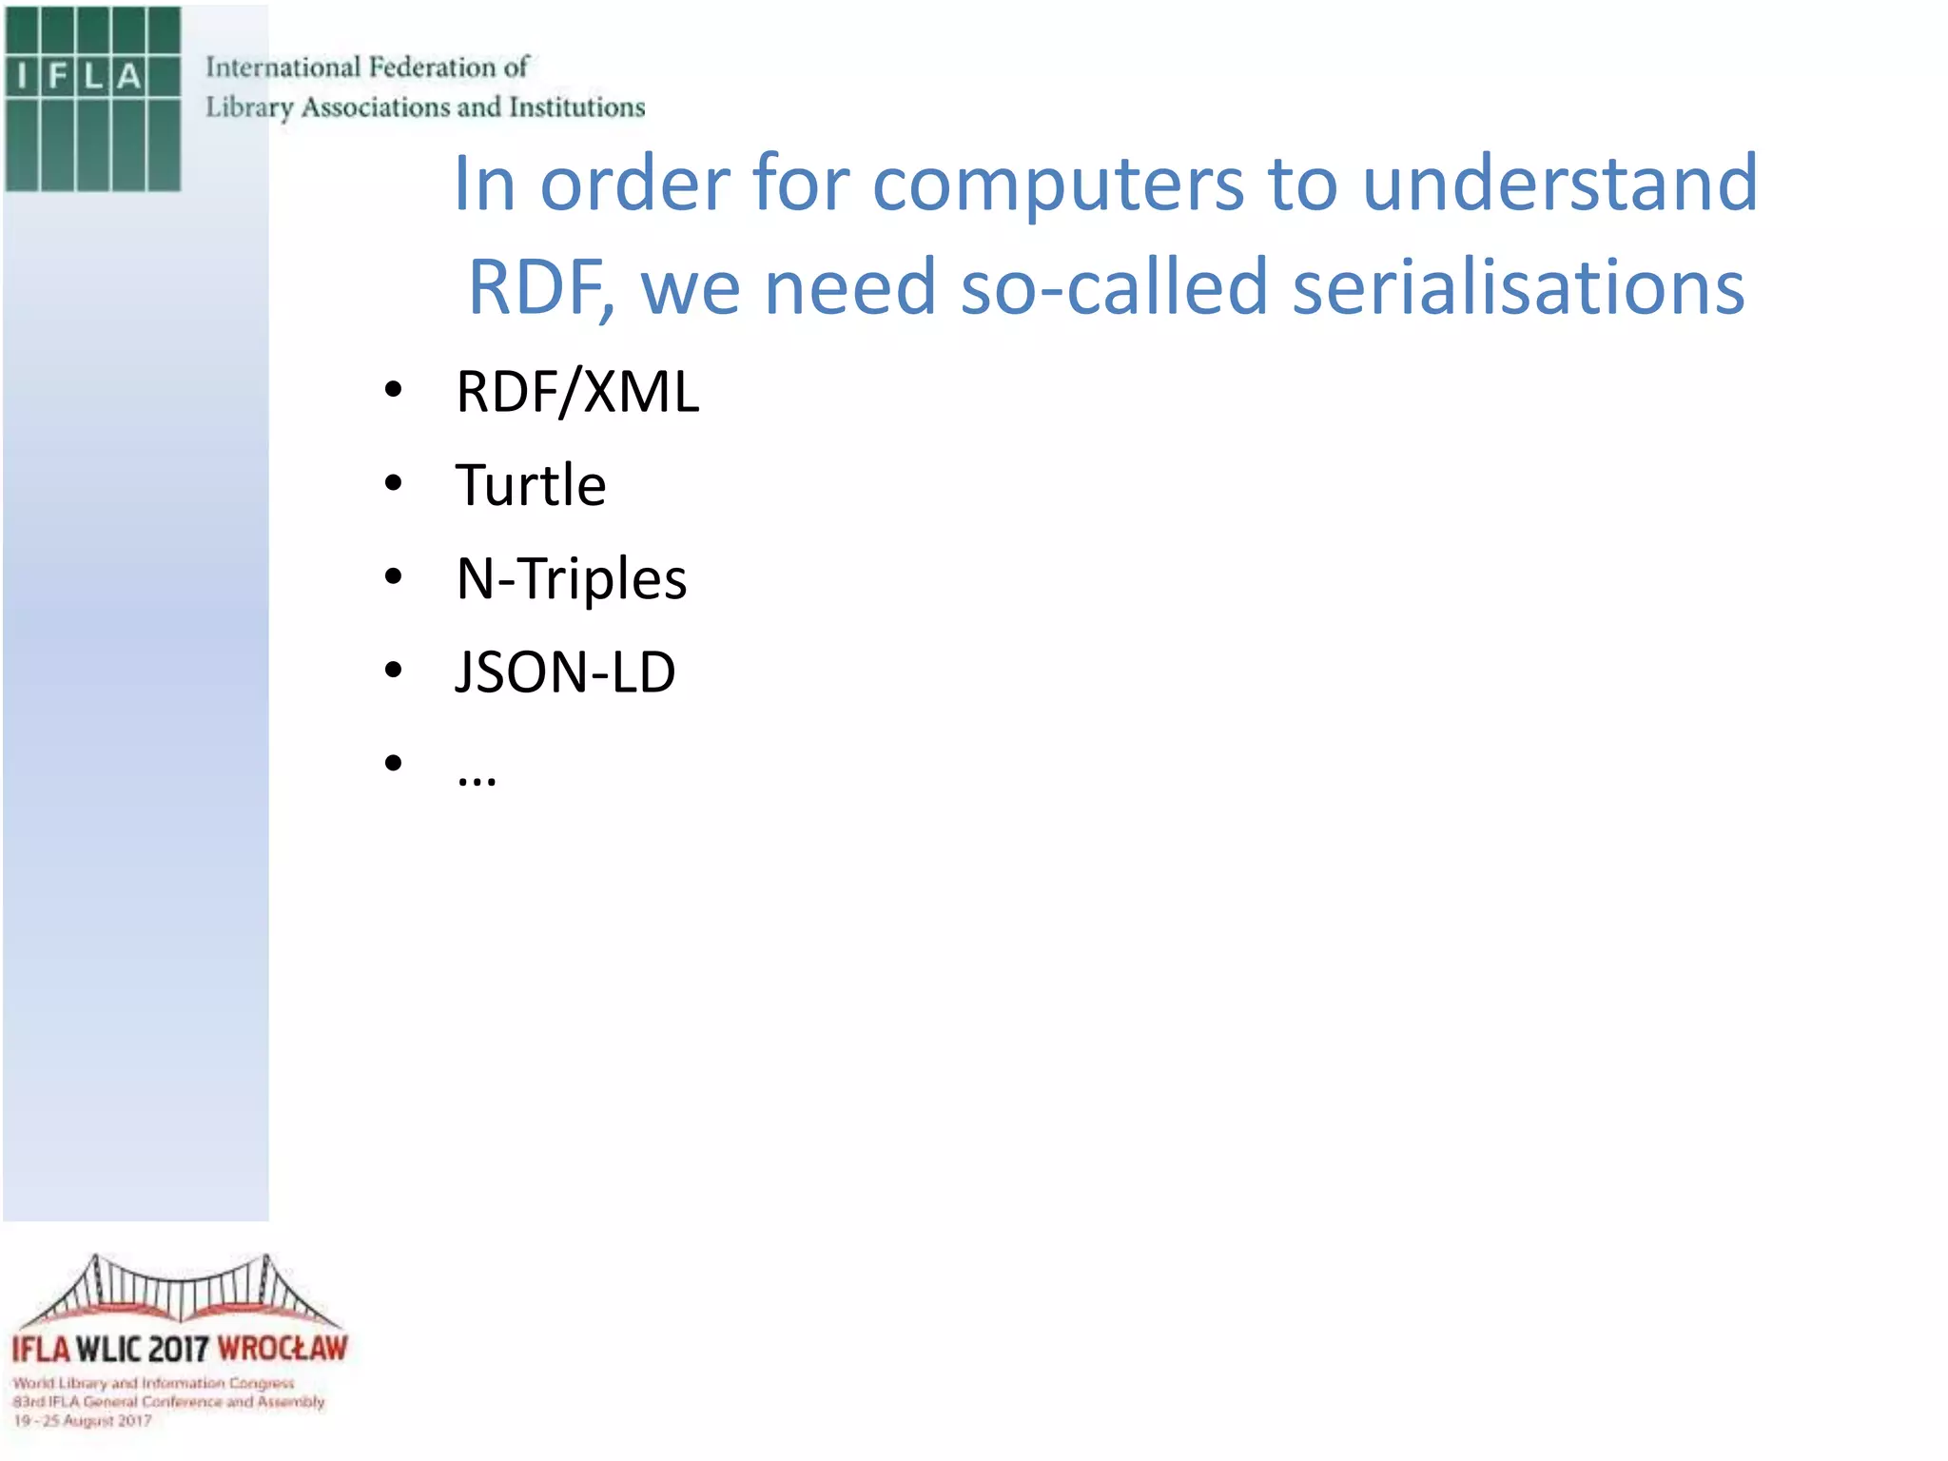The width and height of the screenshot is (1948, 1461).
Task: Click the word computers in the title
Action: pyautogui.click(x=1058, y=185)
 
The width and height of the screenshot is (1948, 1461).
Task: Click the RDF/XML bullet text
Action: pyautogui.click(x=577, y=392)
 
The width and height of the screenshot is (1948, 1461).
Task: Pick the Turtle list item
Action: pyautogui.click(x=531, y=485)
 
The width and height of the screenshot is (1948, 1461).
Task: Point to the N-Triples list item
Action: pyautogui.click(x=571, y=578)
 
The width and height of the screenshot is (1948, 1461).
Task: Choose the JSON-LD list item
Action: pyautogui.click(x=565, y=672)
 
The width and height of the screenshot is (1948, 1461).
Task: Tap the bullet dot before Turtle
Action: pyautogui.click(x=394, y=483)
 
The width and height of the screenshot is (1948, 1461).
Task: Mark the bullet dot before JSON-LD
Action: pyautogui.click(x=394, y=671)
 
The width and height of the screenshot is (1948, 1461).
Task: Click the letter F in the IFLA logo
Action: pyautogui.click(x=58, y=76)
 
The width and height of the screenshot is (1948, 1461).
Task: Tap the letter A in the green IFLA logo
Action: pyautogui.click(x=128, y=76)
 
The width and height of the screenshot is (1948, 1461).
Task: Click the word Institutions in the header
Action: pyautogui.click(x=576, y=107)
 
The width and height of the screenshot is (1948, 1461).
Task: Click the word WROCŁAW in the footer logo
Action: pyautogui.click(x=282, y=1349)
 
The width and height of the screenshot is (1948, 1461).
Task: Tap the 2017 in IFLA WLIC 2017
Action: pyautogui.click(x=178, y=1349)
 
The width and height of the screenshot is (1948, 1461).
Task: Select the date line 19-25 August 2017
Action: pyautogui.click(x=82, y=1421)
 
